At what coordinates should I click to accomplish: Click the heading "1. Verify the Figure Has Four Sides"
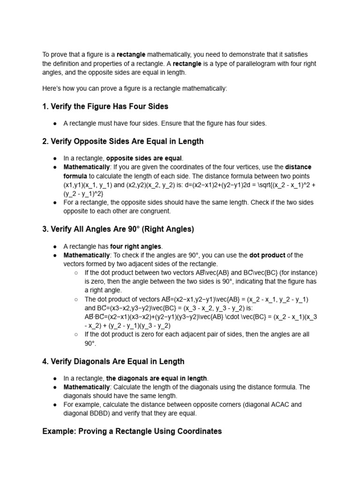[105, 106]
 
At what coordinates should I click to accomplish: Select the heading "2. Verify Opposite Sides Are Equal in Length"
[123, 141]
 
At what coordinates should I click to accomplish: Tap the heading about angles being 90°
[118, 229]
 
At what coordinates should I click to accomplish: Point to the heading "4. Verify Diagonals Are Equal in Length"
[113, 361]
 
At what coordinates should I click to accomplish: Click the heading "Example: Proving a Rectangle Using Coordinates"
[132, 431]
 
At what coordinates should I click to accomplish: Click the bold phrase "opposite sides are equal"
[144, 158]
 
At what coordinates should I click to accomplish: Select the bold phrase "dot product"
[267, 255]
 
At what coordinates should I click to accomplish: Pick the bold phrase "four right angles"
[136, 246]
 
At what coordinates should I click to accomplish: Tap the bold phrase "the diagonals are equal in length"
[157, 378]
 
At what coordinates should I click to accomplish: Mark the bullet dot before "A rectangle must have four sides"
[55, 123]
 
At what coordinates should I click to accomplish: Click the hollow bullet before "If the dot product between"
[76, 273]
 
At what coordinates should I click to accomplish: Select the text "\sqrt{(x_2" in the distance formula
[271, 185]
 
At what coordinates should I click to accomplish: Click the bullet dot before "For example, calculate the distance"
[55, 405]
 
